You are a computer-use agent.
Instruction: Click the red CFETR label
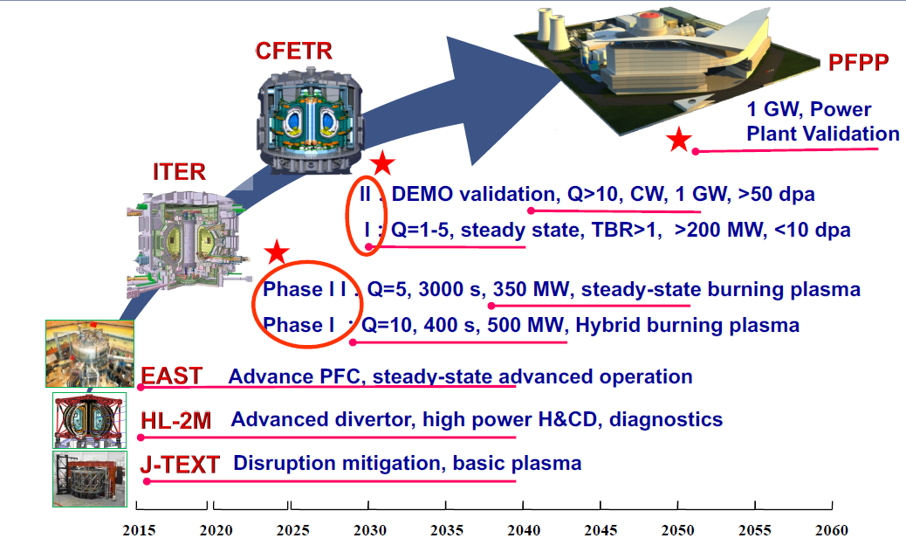(x=293, y=52)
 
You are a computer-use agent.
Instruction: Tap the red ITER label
(x=179, y=172)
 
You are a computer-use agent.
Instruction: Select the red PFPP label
(x=858, y=62)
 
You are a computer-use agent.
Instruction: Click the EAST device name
(x=172, y=376)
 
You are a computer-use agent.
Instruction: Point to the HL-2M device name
(x=175, y=420)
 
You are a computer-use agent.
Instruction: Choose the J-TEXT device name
(x=180, y=465)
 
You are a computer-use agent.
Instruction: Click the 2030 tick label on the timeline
(x=370, y=530)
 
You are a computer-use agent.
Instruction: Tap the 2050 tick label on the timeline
(x=678, y=530)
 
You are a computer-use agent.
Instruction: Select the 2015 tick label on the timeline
(x=139, y=530)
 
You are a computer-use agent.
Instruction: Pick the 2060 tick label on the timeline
(x=832, y=530)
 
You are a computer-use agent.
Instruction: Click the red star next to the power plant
(x=678, y=140)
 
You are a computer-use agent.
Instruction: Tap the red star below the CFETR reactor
(x=382, y=163)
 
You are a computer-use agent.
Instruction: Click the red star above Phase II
(x=277, y=252)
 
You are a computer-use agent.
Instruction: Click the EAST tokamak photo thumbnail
(x=90, y=354)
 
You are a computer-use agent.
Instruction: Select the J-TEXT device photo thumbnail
(x=90, y=479)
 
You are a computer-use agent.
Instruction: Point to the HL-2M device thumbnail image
(x=90, y=421)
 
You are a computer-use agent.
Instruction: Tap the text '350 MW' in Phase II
(x=531, y=289)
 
